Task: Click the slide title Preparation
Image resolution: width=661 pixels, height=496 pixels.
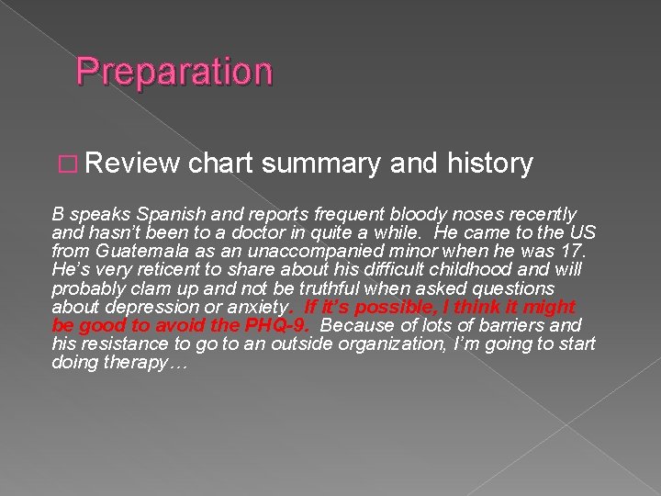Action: click(x=174, y=72)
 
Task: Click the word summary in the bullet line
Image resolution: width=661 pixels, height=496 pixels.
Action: click(x=321, y=164)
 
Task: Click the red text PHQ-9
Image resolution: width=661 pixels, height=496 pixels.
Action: click(x=274, y=326)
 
